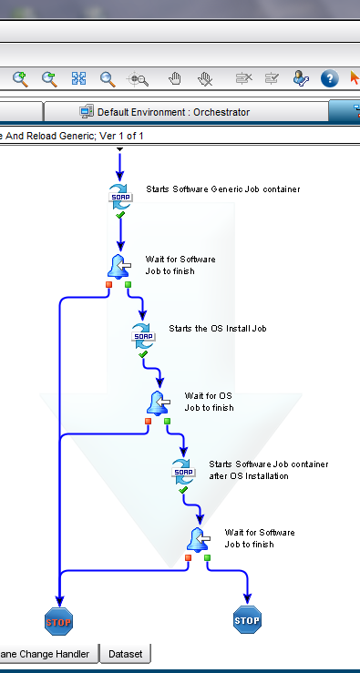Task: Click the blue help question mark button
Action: click(x=330, y=79)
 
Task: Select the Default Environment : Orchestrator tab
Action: click(x=164, y=112)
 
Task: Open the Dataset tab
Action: click(x=126, y=653)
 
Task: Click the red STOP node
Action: click(x=58, y=622)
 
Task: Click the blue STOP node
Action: click(x=247, y=621)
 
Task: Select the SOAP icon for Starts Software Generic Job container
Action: click(x=120, y=195)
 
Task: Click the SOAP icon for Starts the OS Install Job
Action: click(x=144, y=333)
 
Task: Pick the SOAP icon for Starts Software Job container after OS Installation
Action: click(x=184, y=470)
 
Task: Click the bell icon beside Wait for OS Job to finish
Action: click(x=159, y=402)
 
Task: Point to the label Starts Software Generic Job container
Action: click(x=222, y=189)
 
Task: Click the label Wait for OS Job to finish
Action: click(x=209, y=402)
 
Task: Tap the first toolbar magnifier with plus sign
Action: click(x=20, y=79)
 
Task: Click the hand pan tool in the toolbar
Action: click(x=176, y=79)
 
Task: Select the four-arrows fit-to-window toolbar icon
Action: click(x=78, y=79)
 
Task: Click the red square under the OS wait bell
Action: click(x=148, y=421)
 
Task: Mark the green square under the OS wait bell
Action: click(x=167, y=421)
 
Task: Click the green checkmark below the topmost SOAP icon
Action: click(x=120, y=215)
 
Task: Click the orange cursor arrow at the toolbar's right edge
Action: click(x=355, y=79)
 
